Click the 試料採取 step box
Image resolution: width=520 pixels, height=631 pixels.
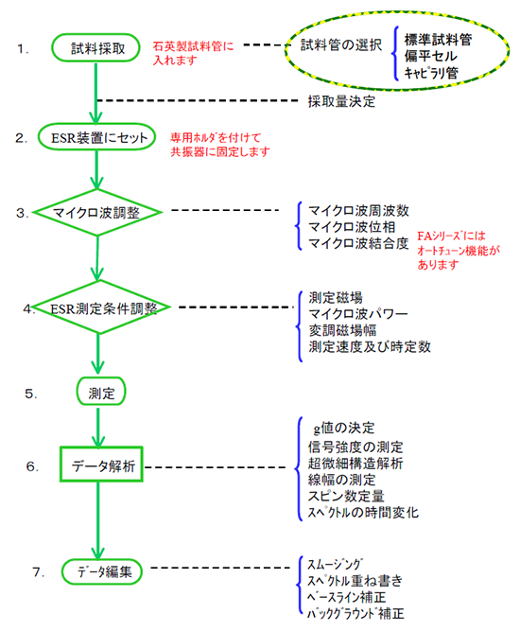pyautogui.click(x=98, y=47)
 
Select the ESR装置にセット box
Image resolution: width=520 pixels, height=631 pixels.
pyautogui.click(x=98, y=137)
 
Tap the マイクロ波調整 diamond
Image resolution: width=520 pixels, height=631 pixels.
pyautogui.click(x=98, y=214)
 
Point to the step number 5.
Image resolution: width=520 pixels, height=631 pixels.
pyautogui.click(x=33, y=390)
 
